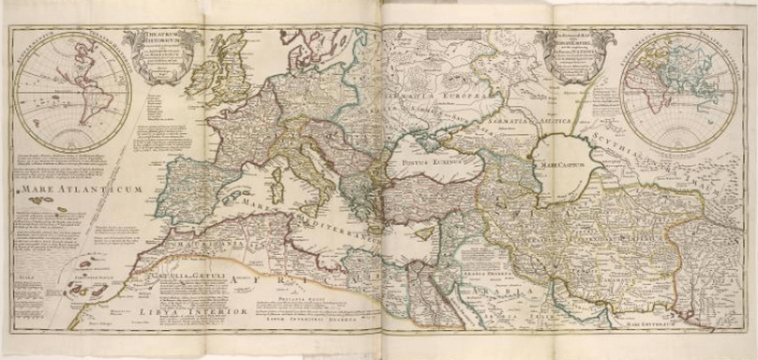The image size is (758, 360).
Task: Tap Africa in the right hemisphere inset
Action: coord(656,93)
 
